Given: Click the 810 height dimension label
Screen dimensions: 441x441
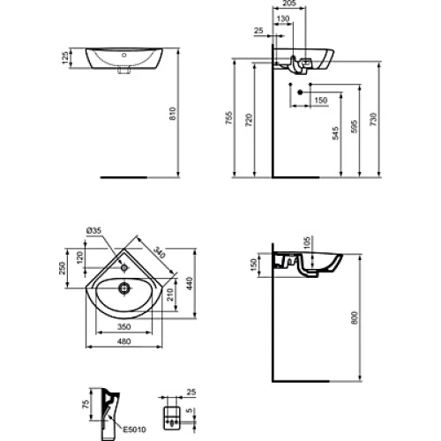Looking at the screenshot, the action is pyautogui.click(x=173, y=113).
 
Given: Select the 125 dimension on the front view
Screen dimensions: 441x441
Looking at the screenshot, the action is pyautogui.click(x=65, y=58).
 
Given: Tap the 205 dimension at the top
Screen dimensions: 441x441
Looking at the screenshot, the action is pyautogui.click(x=289, y=4).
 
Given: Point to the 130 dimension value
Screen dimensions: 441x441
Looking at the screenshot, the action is pyautogui.click(x=283, y=19).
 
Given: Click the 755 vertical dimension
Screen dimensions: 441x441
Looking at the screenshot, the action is pyautogui.click(x=229, y=117).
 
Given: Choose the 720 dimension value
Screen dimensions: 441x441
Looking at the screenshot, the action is pyautogui.click(x=249, y=120).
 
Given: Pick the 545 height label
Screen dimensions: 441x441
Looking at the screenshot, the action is pyautogui.click(x=335, y=133).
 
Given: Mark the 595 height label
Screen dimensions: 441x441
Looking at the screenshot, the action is pyautogui.click(x=355, y=126).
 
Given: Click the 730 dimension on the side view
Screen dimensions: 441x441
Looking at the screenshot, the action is pyautogui.click(x=373, y=119).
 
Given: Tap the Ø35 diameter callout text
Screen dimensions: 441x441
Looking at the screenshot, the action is pyautogui.click(x=93, y=230).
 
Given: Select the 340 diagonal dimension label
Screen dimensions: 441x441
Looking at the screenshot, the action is pyautogui.click(x=160, y=253).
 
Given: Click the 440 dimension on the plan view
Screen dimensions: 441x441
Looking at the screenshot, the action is pyautogui.click(x=190, y=283).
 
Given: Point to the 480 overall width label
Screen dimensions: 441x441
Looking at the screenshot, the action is pyautogui.click(x=123, y=341).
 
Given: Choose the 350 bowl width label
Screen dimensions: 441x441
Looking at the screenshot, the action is pyautogui.click(x=123, y=326).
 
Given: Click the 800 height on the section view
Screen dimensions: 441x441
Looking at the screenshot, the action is pyautogui.click(x=355, y=318).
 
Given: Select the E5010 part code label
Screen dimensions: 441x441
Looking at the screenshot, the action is pyautogui.click(x=134, y=430).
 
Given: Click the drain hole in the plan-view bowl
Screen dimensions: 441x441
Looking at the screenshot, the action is pyautogui.click(x=124, y=288).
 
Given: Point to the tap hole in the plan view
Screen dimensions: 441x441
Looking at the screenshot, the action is pyautogui.click(x=124, y=267).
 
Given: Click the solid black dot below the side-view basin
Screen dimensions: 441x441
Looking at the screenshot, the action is pyautogui.click(x=300, y=93).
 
